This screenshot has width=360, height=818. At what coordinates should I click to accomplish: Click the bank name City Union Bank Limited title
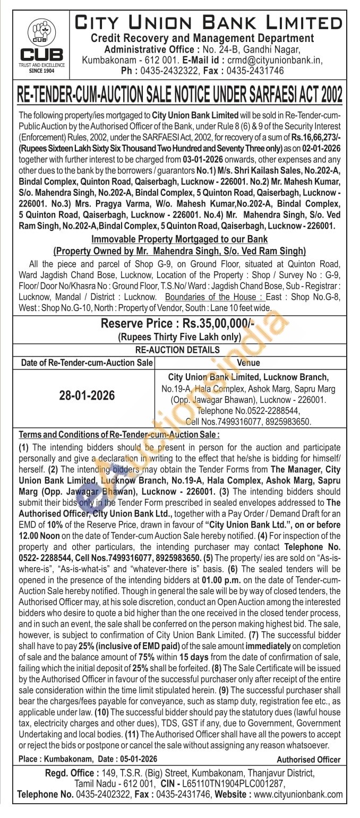pyautogui.click(x=209, y=23)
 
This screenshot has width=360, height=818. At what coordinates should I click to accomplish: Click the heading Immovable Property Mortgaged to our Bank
pyautogui.click(x=180, y=239)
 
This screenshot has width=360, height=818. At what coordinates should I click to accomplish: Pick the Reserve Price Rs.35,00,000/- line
pyautogui.click(x=179, y=324)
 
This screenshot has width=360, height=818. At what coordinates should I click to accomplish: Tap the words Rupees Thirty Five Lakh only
pyautogui.click(x=179, y=337)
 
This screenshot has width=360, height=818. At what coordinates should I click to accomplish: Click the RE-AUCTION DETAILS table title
pyautogui.click(x=177, y=350)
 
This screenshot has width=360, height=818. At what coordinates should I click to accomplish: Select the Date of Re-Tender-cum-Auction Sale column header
pyautogui.click(x=87, y=363)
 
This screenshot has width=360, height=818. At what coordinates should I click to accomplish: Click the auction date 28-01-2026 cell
pyautogui.click(x=87, y=396)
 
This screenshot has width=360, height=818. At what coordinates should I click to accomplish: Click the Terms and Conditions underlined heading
pyautogui.click(x=119, y=434)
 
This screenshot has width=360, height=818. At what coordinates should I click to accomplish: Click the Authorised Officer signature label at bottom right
pyautogui.click(x=308, y=760)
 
